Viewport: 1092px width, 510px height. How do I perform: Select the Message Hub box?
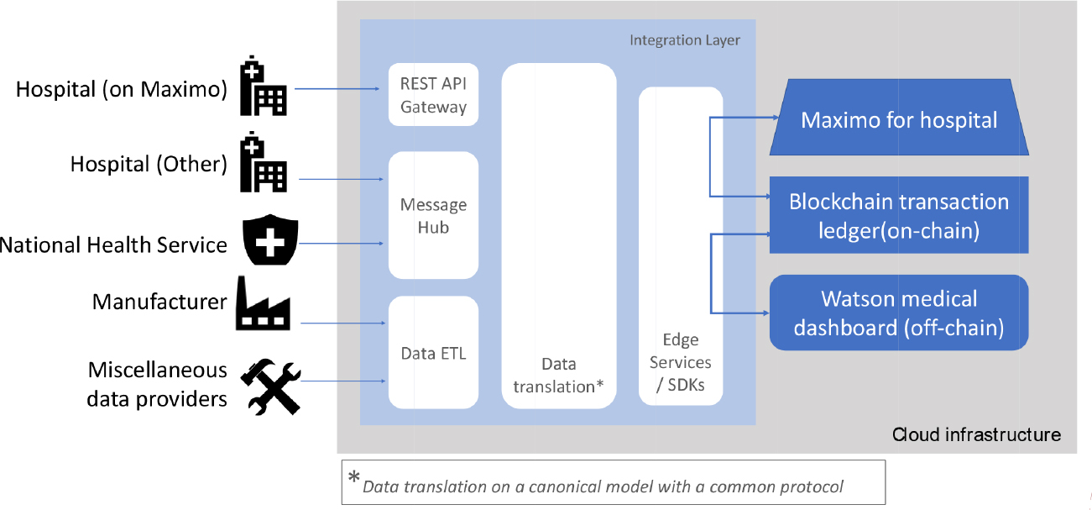tap(433, 215)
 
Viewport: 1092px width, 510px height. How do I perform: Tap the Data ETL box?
tap(433, 353)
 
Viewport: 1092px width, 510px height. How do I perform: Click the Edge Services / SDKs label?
tap(680, 363)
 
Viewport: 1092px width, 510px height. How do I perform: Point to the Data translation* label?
tap(558, 375)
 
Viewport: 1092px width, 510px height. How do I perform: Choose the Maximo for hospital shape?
tap(899, 119)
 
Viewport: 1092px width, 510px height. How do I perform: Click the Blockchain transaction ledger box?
tap(899, 215)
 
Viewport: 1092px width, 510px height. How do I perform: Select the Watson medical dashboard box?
tap(899, 313)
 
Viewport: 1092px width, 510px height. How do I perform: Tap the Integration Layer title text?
tap(685, 39)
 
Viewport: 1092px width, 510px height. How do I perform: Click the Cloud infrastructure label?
tap(976, 434)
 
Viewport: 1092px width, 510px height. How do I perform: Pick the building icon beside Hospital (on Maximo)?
tap(263, 87)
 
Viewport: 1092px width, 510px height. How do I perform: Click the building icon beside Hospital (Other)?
tap(263, 165)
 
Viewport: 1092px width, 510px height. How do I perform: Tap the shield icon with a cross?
tap(265, 241)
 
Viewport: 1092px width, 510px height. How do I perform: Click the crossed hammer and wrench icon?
tap(270, 386)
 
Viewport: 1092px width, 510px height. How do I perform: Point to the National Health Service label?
tap(113, 245)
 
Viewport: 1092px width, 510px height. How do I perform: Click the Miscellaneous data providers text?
tap(157, 384)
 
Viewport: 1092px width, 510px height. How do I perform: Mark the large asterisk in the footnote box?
tap(354, 478)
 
